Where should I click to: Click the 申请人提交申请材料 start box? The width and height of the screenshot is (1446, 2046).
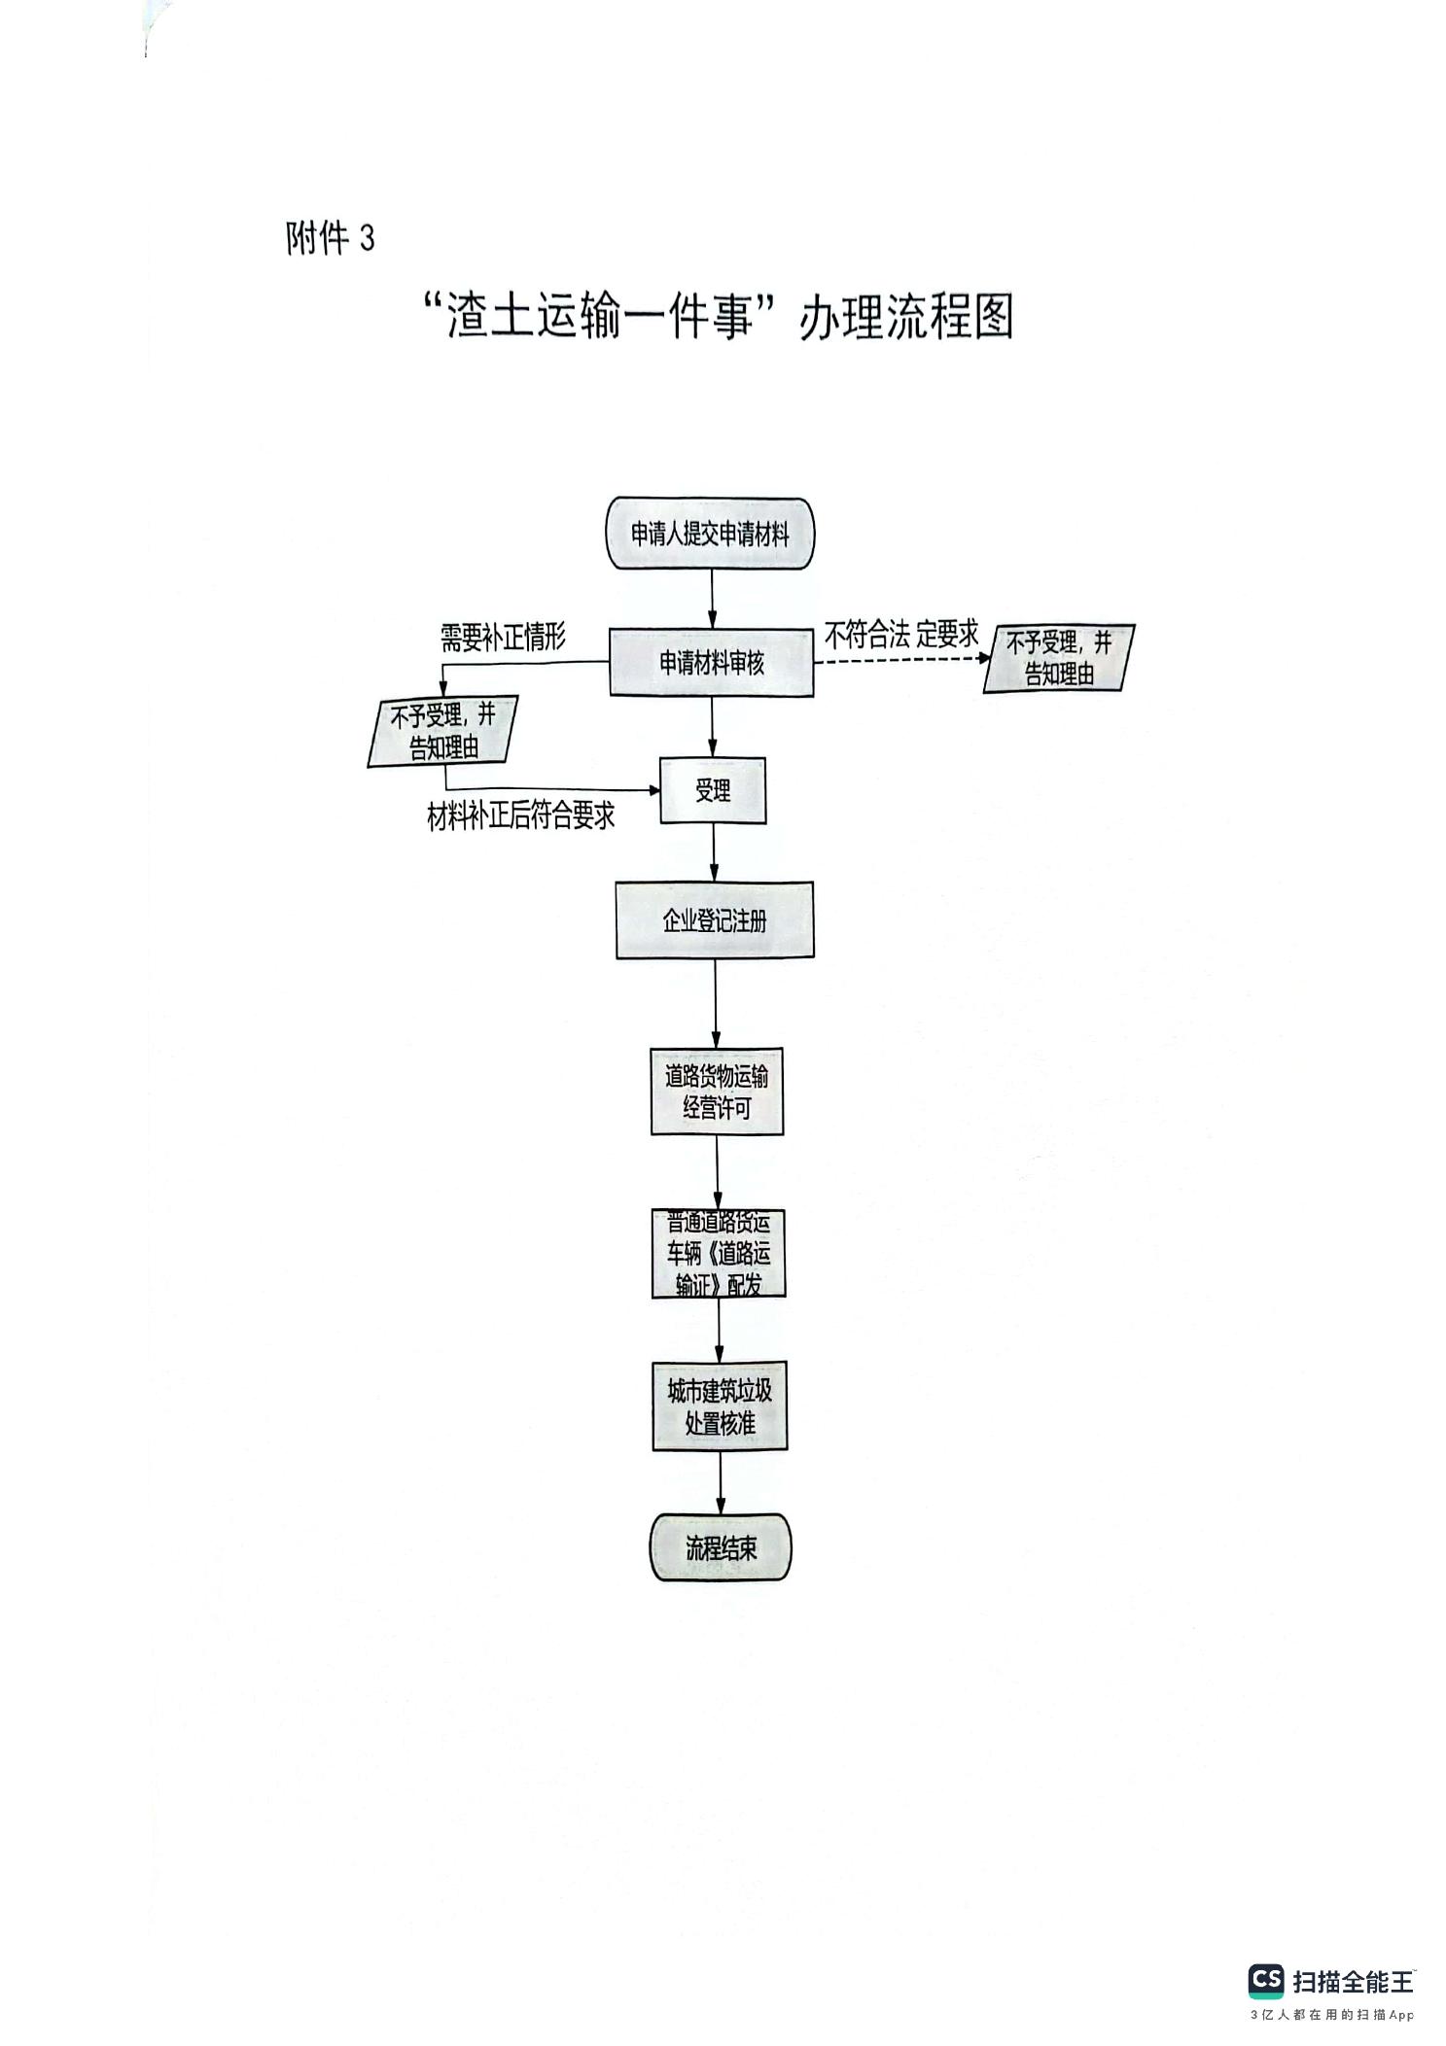coord(710,534)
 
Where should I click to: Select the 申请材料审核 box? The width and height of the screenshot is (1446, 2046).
coord(711,663)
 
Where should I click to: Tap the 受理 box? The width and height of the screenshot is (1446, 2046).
coord(713,791)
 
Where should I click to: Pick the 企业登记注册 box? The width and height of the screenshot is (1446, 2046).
coord(715,920)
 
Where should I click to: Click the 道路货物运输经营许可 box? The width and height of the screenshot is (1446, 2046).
coord(717,1091)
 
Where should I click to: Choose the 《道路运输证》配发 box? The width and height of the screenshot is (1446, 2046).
coord(719,1254)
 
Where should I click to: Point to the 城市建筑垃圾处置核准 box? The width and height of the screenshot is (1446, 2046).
coord(720,1406)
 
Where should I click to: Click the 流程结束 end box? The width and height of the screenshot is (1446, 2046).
coord(721,1547)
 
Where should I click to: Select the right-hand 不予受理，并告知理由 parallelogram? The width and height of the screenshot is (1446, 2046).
coord(1059,658)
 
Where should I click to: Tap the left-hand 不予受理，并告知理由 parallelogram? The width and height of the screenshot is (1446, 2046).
coord(443,731)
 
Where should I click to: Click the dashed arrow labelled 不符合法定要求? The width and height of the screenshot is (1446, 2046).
coord(899,659)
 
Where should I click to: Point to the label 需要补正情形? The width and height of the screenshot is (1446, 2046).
coord(503,638)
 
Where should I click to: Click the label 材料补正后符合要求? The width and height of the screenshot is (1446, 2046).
coord(521,816)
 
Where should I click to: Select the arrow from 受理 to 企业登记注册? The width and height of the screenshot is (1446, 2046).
coord(715,852)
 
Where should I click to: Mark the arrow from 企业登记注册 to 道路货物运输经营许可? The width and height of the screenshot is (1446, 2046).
coord(716,1002)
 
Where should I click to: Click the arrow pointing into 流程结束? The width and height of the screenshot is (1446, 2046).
coord(721,1481)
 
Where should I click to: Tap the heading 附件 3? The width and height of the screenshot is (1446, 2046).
coord(330,238)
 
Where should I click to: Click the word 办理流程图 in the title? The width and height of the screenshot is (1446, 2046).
coord(905,318)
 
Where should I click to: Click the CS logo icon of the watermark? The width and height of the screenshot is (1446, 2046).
coord(1265,1980)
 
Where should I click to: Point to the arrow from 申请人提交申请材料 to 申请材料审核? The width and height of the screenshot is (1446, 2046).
coord(712,599)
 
